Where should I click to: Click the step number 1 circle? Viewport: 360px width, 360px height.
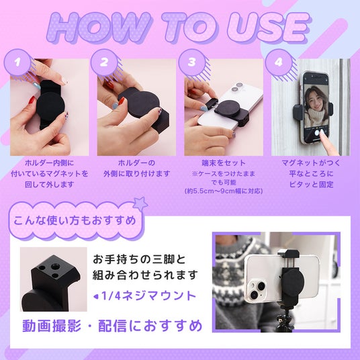pos(17,62)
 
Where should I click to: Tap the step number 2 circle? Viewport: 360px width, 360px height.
pos(104,62)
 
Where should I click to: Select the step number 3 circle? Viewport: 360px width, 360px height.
pos(192,62)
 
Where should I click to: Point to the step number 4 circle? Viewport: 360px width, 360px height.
pos(279,62)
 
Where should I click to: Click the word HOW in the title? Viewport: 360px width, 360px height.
pos(99,28)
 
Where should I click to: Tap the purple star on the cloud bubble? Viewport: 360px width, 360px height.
pos(140,204)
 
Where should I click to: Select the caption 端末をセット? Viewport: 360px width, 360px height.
pos(224,163)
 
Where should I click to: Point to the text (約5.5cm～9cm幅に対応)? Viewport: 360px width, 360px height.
pos(224,191)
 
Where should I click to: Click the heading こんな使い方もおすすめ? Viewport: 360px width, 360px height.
pos(75,221)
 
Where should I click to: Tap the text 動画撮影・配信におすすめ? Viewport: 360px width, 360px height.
pos(112,326)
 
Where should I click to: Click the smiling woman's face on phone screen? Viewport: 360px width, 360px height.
pos(314,99)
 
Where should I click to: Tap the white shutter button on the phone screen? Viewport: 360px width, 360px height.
pos(317,133)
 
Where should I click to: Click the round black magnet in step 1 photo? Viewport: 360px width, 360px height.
pos(50,106)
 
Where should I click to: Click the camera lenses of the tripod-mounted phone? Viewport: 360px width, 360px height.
pos(257,289)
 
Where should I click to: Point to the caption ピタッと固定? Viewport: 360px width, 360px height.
pos(311,184)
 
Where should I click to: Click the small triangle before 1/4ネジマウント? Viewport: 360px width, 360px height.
pos(96,297)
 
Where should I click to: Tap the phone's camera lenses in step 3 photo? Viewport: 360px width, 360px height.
pos(236,87)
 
